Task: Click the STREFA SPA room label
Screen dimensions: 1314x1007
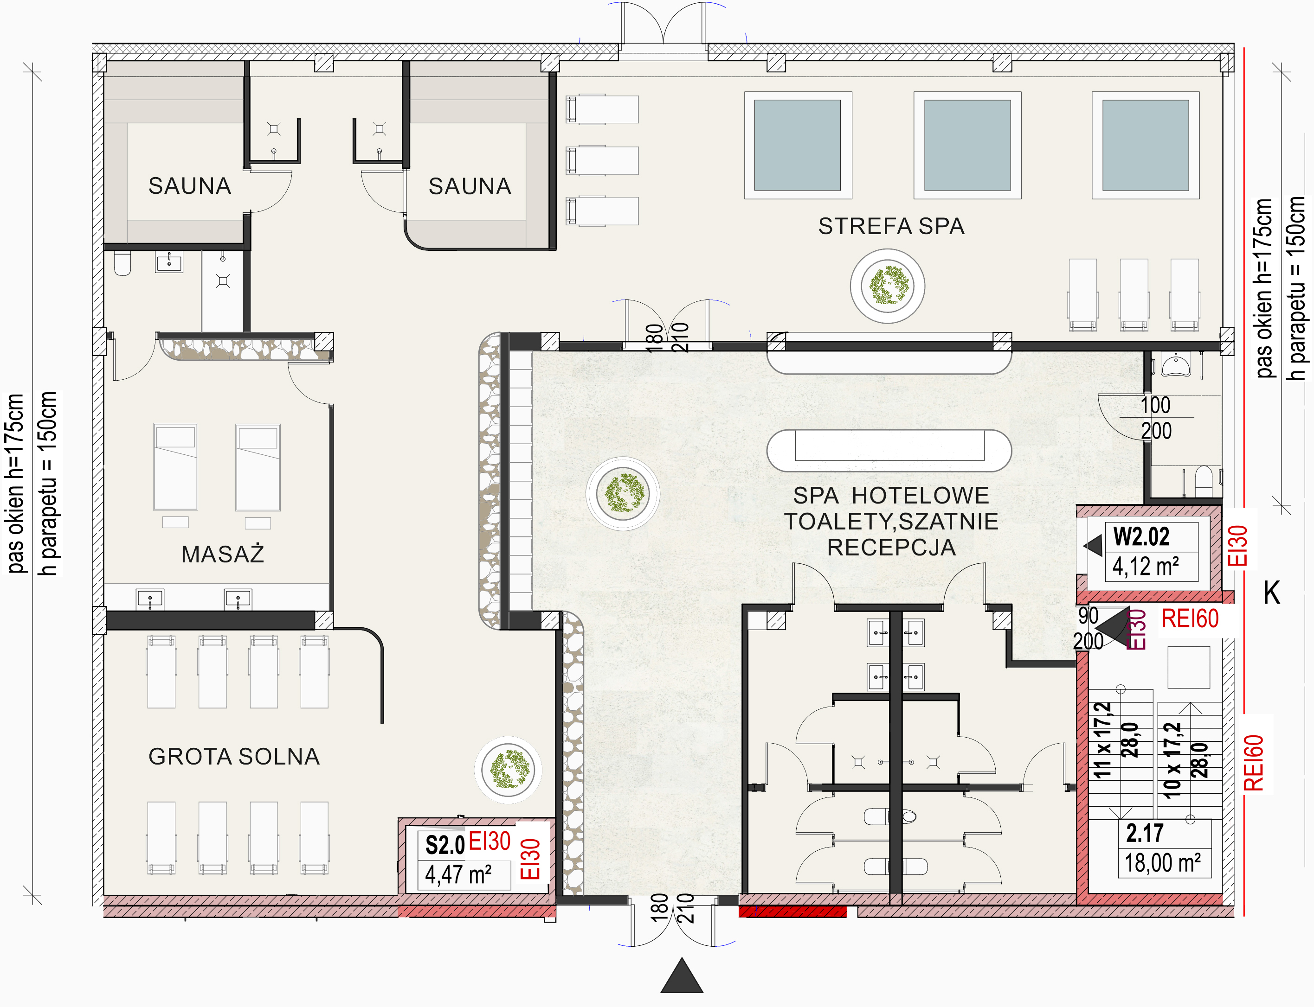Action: coord(891,226)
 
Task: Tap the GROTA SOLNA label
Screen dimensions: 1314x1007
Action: coord(234,757)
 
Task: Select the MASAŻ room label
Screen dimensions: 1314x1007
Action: coord(223,554)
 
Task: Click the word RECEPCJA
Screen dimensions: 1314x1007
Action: coord(891,547)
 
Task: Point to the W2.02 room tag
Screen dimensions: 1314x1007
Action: coord(1141,536)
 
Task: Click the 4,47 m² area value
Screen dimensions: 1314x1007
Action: coord(458,874)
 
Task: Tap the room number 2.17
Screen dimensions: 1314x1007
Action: coord(1144,833)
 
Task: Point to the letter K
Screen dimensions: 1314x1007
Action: coord(1271,593)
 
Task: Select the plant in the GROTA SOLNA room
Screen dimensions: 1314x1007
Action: coord(509,769)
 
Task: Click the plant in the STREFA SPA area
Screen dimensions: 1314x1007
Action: coord(888,286)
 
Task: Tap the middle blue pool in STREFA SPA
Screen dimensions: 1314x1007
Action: coord(967,145)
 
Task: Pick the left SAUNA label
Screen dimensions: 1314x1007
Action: coord(189,186)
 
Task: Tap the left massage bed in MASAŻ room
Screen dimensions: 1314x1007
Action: coord(175,467)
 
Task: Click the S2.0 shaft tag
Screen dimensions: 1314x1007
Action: coord(445,845)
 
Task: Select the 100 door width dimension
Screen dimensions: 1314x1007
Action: coord(1156,405)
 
